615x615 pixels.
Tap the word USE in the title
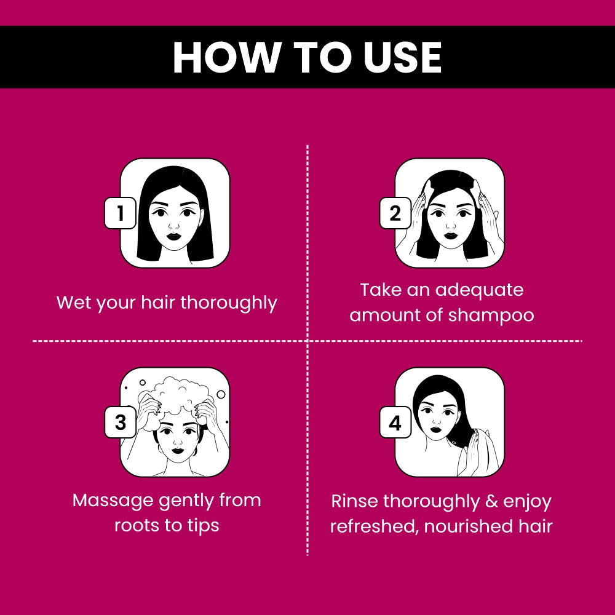click(402, 57)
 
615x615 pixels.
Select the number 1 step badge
click(120, 213)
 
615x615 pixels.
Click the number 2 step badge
click(395, 213)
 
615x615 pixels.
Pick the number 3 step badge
click(120, 422)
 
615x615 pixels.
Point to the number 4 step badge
click(395, 422)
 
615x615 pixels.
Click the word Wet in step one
click(74, 303)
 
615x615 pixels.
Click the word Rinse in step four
click(355, 501)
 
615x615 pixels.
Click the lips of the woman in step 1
click(174, 237)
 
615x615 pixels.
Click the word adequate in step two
click(479, 291)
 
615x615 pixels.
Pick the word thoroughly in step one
click(229, 303)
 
